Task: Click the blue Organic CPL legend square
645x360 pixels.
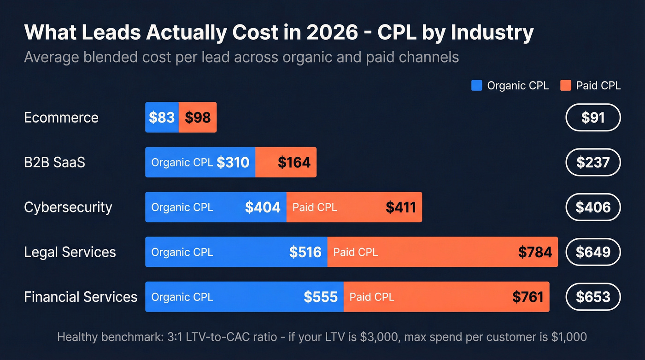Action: click(x=477, y=85)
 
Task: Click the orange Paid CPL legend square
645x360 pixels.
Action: click(x=566, y=85)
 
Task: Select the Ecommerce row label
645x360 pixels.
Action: click(x=61, y=118)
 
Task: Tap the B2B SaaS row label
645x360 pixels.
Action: click(x=54, y=162)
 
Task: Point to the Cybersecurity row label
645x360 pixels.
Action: click(x=68, y=207)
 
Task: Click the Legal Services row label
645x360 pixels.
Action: click(x=70, y=252)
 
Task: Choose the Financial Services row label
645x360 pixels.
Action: click(x=81, y=297)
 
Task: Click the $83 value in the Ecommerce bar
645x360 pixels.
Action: click(x=162, y=118)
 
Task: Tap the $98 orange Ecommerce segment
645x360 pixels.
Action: click(x=198, y=118)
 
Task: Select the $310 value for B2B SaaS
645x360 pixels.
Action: click(x=233, y=162)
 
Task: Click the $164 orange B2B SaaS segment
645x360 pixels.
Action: click(x=294, y=162)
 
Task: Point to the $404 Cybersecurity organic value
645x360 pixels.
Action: click(x=263, y=207)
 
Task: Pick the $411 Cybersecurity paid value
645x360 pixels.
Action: click(x=401, y=207)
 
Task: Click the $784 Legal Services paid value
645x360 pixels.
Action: click(x=535, y=252)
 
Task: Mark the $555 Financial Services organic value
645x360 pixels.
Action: click(x=321, y=297)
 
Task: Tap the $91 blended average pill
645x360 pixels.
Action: click(x=593, y=118)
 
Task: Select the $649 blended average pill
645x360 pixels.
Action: click(x=593, y=252)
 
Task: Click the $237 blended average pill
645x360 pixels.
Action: click(x=593, y=162)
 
